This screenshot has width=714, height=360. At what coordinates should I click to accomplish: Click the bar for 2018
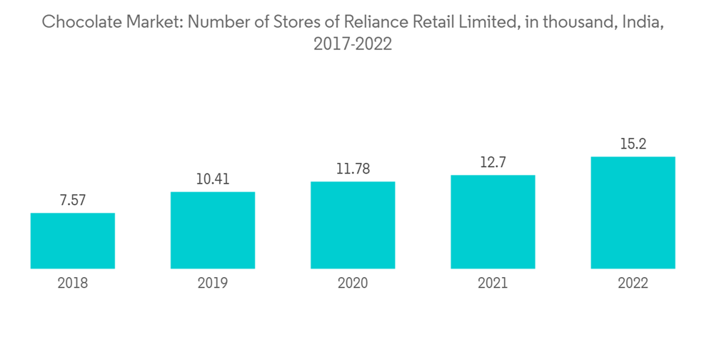73,241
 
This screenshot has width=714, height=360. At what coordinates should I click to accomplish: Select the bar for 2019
213,230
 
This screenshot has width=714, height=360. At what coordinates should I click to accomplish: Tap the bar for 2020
353,225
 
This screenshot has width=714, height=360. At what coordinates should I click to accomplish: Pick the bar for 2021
493,221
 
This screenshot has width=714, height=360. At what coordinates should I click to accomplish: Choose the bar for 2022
633,212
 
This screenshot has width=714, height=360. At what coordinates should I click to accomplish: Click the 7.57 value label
73,201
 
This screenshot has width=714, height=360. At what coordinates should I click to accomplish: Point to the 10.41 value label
213,179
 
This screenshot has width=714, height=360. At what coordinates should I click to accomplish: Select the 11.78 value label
353,169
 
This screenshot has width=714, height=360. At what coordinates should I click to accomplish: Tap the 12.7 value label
493,162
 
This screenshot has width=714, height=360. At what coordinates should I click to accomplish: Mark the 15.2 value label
633,144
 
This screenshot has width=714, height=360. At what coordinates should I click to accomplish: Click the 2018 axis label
73,284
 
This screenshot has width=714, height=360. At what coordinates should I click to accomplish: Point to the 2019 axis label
213,284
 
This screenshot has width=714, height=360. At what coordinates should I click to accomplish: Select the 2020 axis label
353,284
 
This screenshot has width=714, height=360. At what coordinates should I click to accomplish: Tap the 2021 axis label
493,284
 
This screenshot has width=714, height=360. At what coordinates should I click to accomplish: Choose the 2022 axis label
633,284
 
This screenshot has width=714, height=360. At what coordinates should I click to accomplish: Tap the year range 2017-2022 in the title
353,44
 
